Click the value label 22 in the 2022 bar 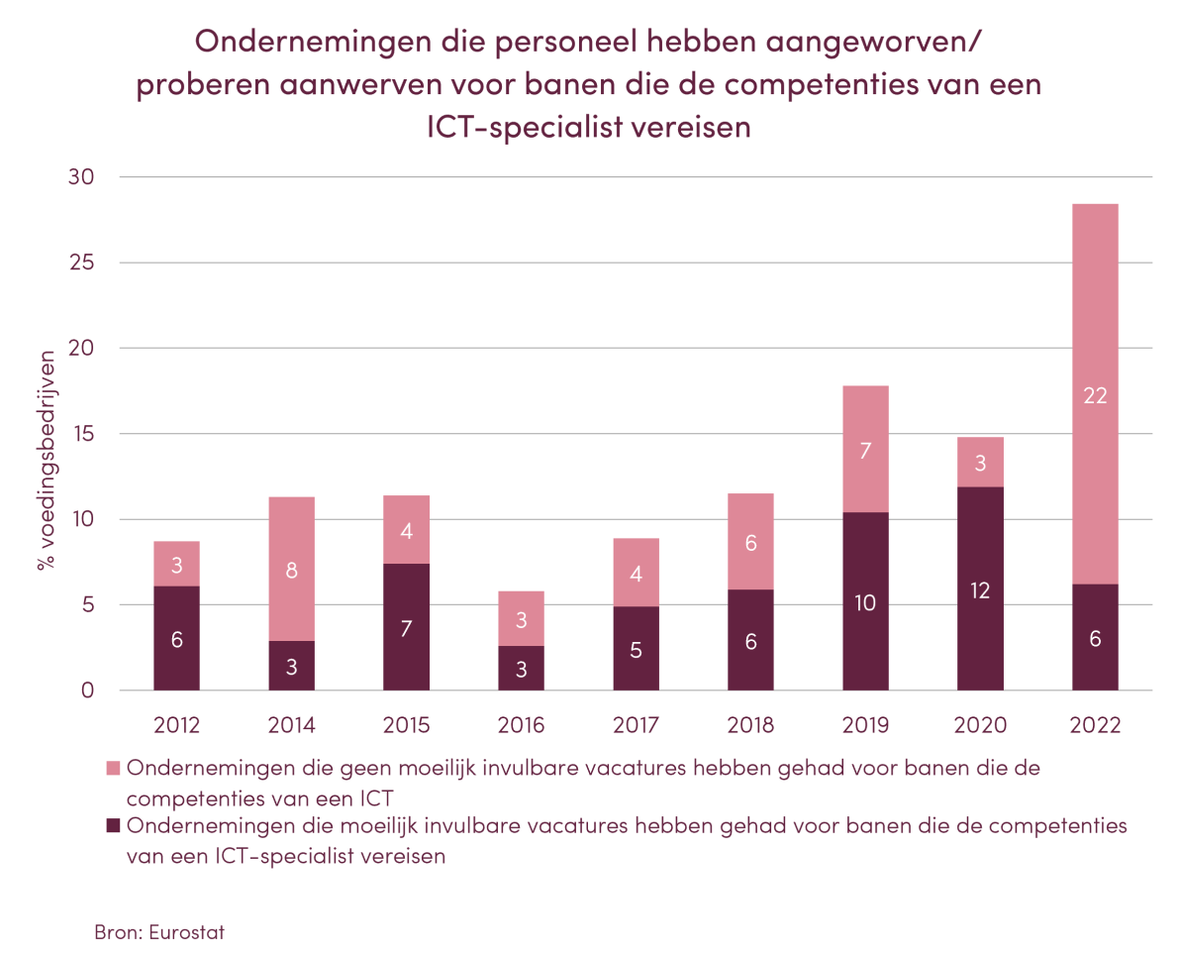point(1095,396)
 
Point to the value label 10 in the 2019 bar point(865,602)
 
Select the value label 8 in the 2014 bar point(291,570)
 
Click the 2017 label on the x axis point(636,725)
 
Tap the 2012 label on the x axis point(176,725)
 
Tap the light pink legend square point(114,769)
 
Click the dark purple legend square point(114,826)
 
